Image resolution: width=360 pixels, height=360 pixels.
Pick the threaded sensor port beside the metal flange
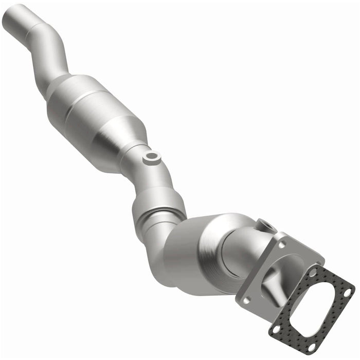265,225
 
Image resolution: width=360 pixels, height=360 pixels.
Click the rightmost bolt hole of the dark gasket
347,292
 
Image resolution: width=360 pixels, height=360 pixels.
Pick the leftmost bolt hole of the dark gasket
276,327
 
